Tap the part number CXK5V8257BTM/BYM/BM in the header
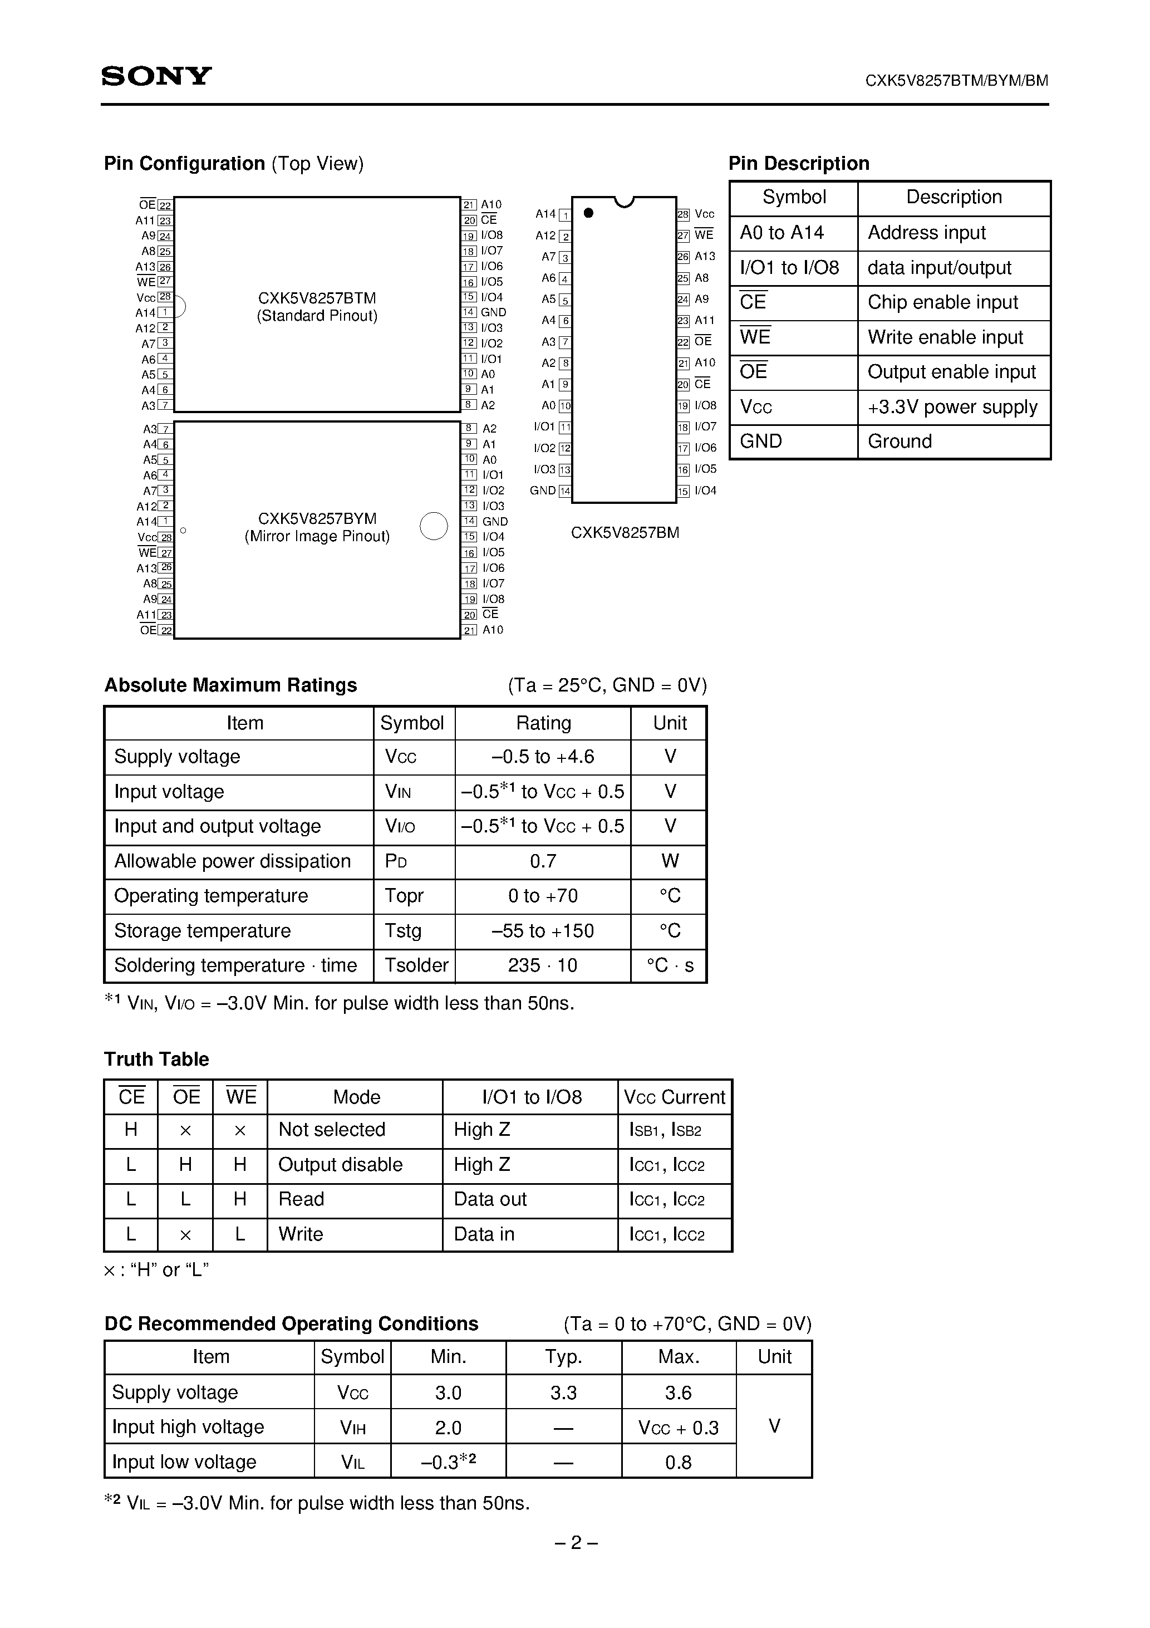coord(956,81)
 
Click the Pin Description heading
coord(798,164)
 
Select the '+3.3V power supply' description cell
coord(952,407)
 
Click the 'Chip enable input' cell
coord(942,303)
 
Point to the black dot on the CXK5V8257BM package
coord(588,213)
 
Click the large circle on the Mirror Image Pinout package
coord(434,526)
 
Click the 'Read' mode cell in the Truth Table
coord(301,1199)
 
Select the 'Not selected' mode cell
coord(331,1130)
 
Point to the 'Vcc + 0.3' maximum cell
coord(678,1428)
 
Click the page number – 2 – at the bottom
coord(575,1542)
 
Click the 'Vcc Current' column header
coord(674,1097)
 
